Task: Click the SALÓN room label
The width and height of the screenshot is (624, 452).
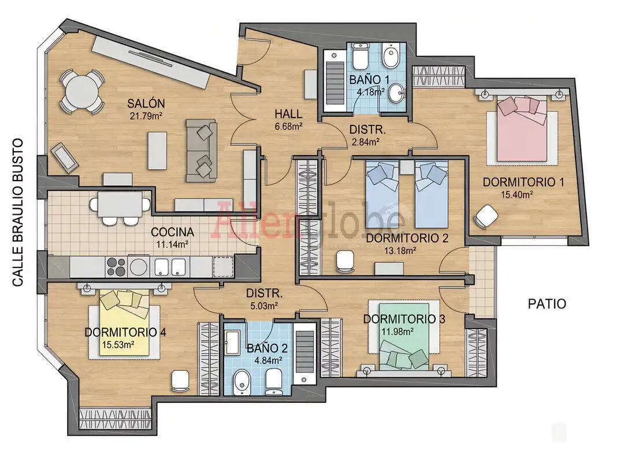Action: tap(146, 103)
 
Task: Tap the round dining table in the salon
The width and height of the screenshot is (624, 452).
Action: tap(82, 91)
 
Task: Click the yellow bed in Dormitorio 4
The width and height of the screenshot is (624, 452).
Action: tap(125, 322)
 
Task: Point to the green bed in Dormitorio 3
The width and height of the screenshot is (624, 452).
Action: tap(404, 337)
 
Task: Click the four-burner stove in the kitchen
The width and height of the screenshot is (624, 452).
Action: tap(116, 267)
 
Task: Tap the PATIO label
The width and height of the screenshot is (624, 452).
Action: tap(547, 304)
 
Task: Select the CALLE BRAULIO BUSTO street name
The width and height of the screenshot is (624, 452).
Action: tap(18, 212)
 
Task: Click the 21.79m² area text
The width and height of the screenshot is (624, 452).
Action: tap(146, 116)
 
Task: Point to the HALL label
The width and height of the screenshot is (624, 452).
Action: tap(288, 114)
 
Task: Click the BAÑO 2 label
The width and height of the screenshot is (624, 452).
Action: tap(267, 348)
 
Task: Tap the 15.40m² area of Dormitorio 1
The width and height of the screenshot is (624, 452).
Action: tap(517, 194)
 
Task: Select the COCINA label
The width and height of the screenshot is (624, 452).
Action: tap(172, 231)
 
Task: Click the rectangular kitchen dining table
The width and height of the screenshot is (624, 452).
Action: tap(120, 204)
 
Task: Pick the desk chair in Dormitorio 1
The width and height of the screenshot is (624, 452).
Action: tap(486, 216)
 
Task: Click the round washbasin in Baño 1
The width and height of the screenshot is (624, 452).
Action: tap(396, 93)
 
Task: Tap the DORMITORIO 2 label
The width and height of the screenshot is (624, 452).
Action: tap(407, 238)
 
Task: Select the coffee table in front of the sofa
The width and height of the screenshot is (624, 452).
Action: tap(157, 151)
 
